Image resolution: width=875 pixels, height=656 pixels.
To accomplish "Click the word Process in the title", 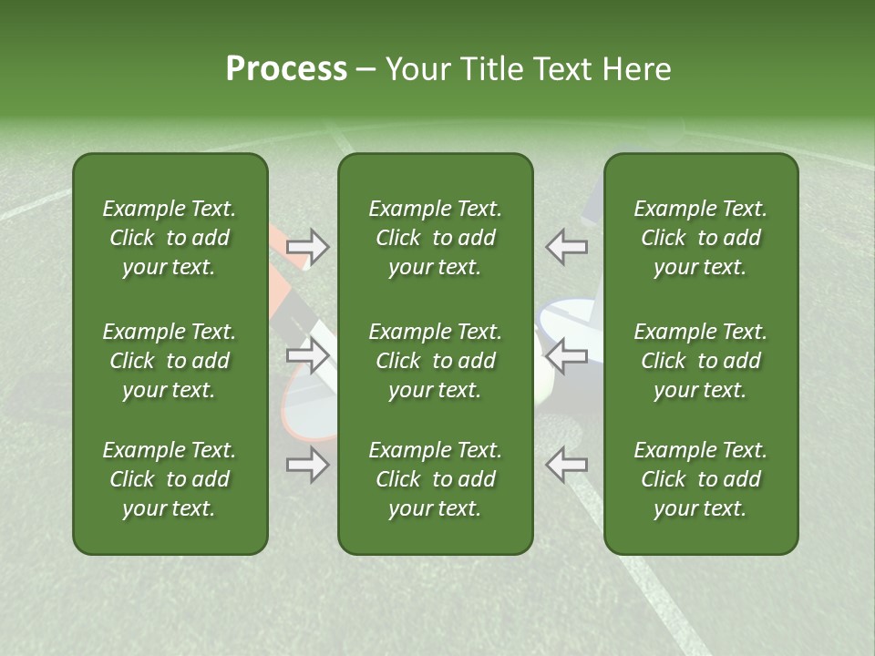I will [286, 69].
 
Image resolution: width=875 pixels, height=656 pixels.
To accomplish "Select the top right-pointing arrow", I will [308, 246].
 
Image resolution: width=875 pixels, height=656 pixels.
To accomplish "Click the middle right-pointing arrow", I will [308, 355].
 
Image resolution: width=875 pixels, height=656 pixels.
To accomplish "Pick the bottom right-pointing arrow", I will [308, 465].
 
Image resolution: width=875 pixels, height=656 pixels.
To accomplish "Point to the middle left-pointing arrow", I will [566, 355].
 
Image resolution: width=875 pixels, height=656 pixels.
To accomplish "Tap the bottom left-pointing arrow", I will [566, 465].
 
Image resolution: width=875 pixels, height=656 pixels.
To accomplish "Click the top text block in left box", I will [170, 238].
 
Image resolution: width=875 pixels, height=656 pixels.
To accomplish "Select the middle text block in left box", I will [170, 361].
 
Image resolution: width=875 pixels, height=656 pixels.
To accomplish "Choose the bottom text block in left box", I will [170, 479].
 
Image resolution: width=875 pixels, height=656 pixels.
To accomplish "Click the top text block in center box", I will [436, 238].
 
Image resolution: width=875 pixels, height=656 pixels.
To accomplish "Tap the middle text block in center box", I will [436, 361].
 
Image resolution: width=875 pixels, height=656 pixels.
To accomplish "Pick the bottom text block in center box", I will [436, 479].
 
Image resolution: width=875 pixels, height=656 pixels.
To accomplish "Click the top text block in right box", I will [701, 238].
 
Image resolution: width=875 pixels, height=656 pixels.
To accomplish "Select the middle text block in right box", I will [701, 361].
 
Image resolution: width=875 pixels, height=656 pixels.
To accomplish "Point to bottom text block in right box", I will [701, 479].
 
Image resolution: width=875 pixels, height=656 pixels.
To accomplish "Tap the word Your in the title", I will [415, 69].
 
